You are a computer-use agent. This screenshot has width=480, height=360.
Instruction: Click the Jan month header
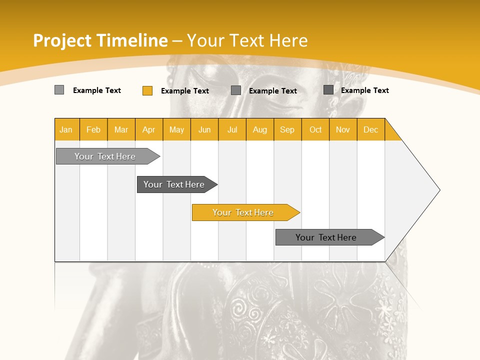[66, 129]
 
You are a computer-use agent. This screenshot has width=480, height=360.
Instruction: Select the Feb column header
[93, 129]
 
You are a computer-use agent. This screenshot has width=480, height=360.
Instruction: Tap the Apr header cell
[149, 129]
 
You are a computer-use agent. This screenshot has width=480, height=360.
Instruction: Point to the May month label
[176, 129]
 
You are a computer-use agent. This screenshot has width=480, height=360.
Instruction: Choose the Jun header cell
[204, 129]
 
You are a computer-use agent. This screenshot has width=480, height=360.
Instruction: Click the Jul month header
[232, 129]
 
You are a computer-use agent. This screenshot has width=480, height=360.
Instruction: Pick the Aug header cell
[260, 129]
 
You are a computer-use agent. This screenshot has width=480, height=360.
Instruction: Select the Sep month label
[287, 129]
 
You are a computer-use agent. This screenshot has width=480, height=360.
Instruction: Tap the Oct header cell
[315, 129]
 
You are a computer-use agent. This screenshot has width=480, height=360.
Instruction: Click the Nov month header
[343, 129]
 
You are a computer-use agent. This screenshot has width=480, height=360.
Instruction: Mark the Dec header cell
[371, 129]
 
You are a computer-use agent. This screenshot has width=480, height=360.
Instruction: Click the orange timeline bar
[243, 212]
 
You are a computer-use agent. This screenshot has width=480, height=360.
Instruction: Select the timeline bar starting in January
[105, 156]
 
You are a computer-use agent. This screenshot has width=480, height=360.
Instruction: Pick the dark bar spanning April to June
[174, 184]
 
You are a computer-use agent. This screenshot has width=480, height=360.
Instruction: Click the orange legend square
[147, 90]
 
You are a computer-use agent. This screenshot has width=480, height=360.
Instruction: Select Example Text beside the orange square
[185, 91]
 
